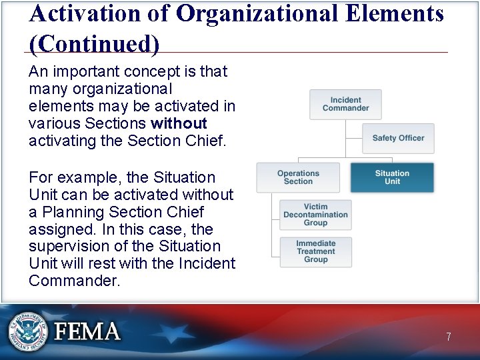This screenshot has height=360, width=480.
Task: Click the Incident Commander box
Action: (x=345, y=105)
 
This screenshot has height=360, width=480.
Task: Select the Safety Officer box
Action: (x=398, y=138)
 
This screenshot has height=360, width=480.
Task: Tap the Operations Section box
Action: (x=298, y=177)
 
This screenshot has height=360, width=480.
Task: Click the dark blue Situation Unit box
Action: (x=392, y=177)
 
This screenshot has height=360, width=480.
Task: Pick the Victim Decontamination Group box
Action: (x=315, y=215)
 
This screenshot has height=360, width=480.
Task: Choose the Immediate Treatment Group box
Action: (x=315, y=251)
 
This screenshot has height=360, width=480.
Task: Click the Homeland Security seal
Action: (x=29, y=331)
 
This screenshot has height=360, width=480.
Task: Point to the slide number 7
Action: (x=449, y=337)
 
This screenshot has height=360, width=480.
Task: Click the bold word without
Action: (x=179, y=123)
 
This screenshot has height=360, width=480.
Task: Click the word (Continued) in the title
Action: (x=94, y=43)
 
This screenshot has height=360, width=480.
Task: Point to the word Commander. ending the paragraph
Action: (x=75, y=281)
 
